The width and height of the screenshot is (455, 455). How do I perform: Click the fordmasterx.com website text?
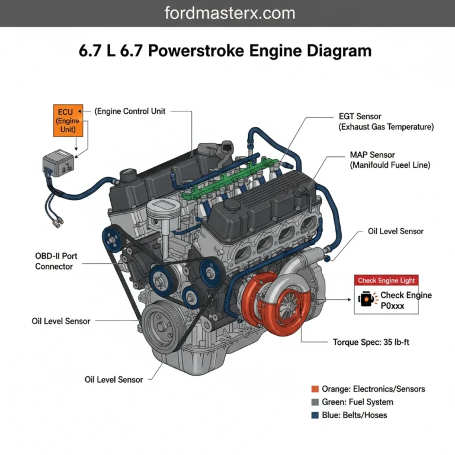[x=227, y=13]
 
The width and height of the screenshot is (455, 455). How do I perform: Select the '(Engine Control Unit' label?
[x=130, y=111]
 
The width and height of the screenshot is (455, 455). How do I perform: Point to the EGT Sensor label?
[x=360, y=117]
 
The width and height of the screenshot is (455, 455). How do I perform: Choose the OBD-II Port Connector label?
[x=56, y=261]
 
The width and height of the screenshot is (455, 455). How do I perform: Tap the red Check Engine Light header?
[x=387, y=280]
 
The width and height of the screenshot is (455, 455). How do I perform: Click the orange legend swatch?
[x=315, y=389]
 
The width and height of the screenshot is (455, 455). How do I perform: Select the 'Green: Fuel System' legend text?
[x=357, y=402]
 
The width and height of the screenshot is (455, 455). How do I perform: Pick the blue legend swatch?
[x=315, y=415]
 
